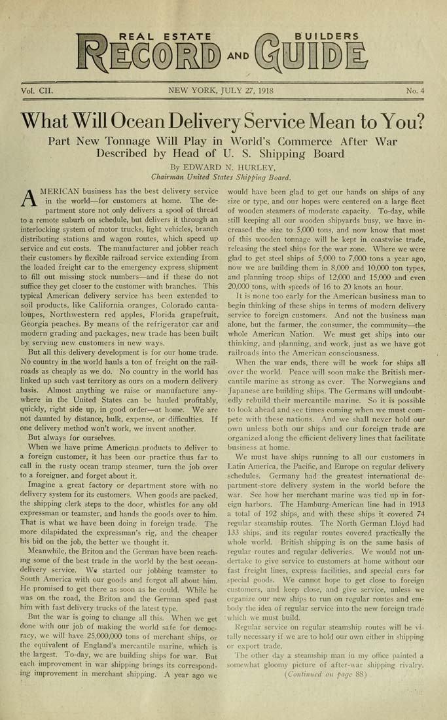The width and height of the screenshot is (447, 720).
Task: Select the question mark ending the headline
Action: coord(419,121)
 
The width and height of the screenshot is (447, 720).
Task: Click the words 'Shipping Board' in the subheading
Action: coord(303,154)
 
